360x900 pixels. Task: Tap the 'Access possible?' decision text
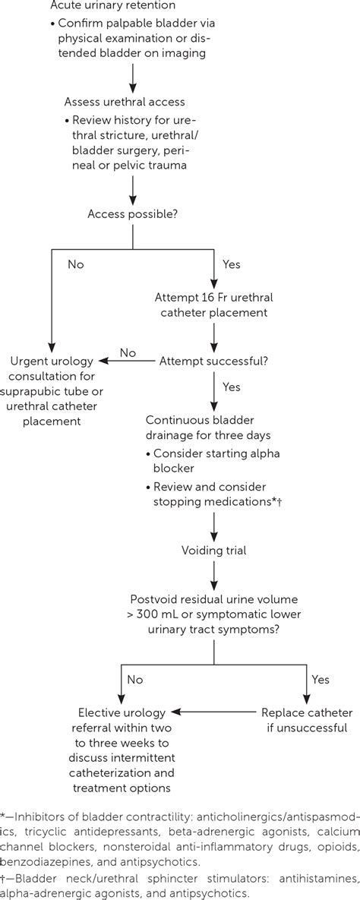coord(133,214)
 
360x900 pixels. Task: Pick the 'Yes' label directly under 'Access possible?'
coord(231,265)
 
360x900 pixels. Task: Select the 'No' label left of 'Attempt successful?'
coord(128,353)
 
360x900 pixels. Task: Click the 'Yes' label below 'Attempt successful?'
coord(231,387)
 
